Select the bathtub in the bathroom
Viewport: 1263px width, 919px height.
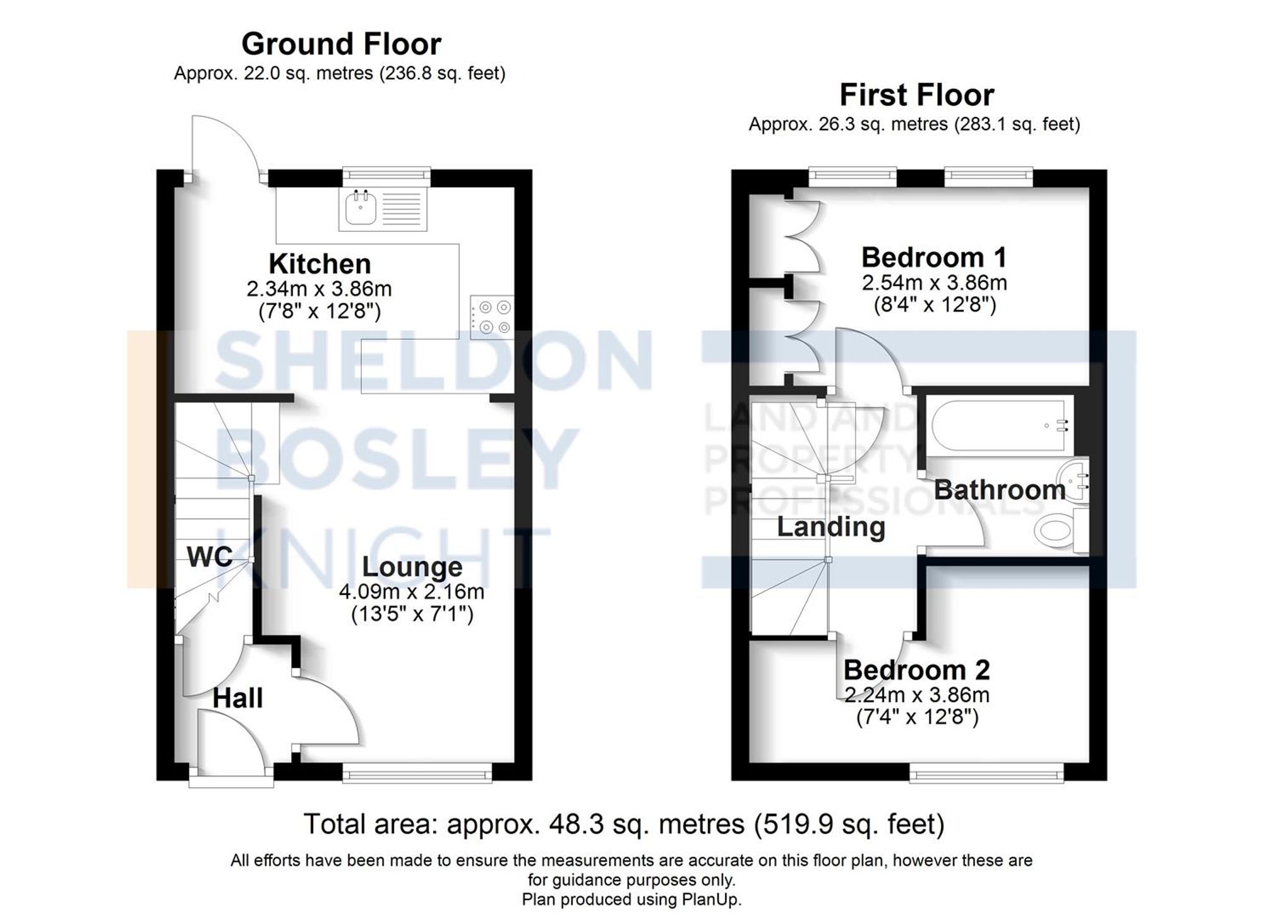pos(1000,426)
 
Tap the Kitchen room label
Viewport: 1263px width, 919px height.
pos(320,264)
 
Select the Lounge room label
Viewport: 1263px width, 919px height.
pos(412,567)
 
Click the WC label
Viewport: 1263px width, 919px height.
pos(210,556)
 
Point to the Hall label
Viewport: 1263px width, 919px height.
pos(237,699)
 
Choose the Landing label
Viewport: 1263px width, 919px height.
pos(830,527)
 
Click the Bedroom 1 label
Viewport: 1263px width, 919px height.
pos(934,258)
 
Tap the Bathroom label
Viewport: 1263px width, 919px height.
pos(1000,490)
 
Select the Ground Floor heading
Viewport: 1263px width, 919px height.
pos(341,44)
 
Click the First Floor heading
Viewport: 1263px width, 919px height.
pos(916,95)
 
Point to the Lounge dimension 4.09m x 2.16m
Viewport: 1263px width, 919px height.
pos(412,592)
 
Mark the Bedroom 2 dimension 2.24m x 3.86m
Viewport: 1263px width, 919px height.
pos(917,695)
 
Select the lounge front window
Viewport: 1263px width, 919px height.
pos(417,772)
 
